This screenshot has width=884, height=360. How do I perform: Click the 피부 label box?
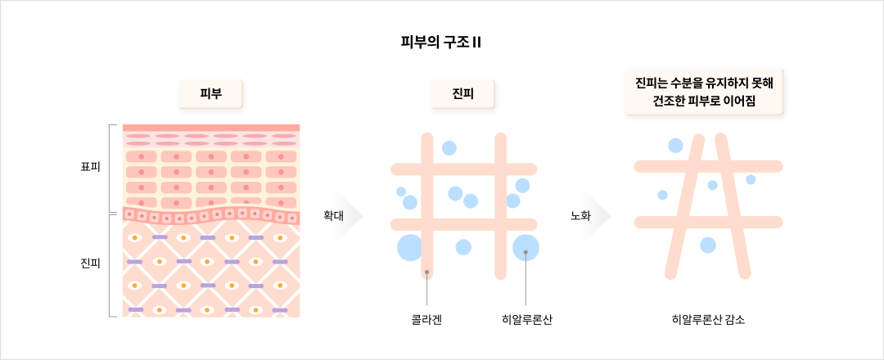click(x=211, y=96)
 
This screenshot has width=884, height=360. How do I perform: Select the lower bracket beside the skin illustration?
click(x=111, y=265)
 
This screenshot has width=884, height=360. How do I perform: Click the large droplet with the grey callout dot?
click(x=525, y=247)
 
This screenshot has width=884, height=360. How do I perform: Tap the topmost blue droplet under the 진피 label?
click(x=449, y=148)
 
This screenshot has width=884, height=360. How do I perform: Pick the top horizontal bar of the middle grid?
click(x=463, y=169)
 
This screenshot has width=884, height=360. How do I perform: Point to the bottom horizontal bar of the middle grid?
click(x=463, y=224)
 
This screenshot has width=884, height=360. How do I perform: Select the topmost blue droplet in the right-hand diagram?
click(x=675, y=146)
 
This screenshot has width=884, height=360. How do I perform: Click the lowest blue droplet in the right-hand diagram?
click(x=708, y=245)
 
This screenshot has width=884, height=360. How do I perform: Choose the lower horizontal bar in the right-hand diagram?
click(x=708, y=222)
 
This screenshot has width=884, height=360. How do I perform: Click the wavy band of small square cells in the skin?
click(x=211, y=216)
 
